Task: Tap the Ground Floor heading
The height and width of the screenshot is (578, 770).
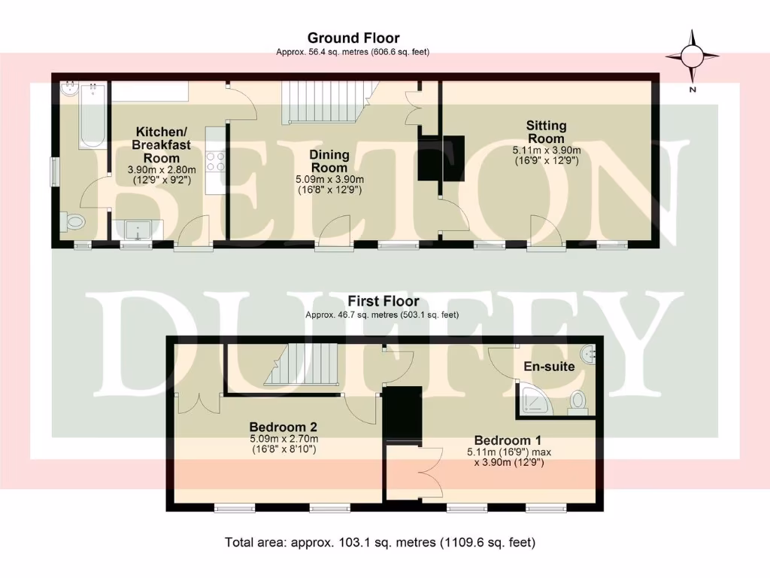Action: tap(353, 38)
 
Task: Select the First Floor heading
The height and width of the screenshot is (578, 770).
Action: tap(383, 301)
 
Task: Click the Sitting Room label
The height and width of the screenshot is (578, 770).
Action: tap(546, 132)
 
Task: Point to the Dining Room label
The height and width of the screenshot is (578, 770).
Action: tap(329, 161)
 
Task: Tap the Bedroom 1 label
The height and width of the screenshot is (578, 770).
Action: tap(508, 440)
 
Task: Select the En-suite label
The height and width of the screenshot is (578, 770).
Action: tap(550, 367)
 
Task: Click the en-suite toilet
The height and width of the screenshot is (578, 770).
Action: tap(578, 400)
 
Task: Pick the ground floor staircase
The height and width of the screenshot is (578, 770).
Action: tap(319, 103)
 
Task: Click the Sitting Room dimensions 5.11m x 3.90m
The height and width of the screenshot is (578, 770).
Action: tap(546, 151)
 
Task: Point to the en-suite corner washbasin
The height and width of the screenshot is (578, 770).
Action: tap(588, 352)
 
